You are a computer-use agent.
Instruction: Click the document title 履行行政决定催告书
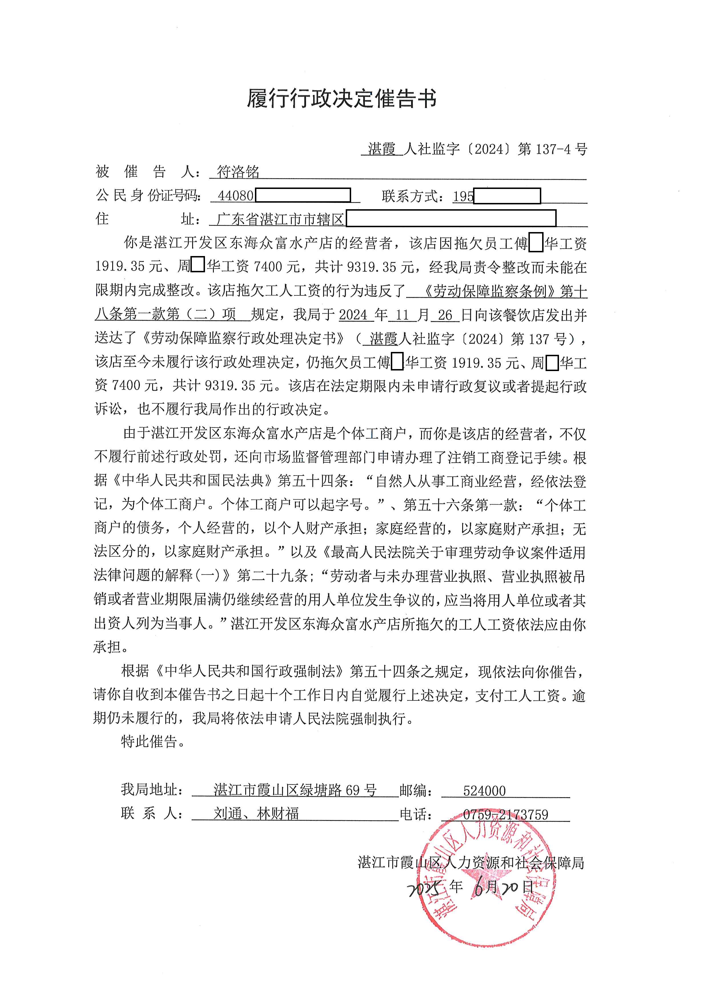pos(342,98)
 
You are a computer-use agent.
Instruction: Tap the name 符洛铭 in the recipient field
pos(238,172)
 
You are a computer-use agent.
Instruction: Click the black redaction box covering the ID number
pos(303,195)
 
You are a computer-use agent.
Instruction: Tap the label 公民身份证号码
pos(148,196)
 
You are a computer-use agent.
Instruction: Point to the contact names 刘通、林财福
pos(256,813)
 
